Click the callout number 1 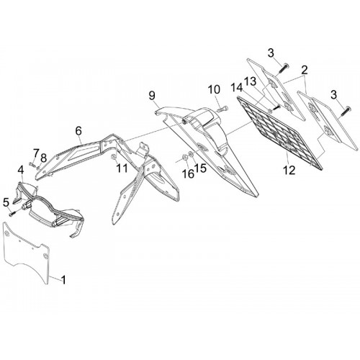[63, 280]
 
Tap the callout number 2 [304, 70]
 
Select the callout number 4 [21, 170]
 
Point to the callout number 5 [6, 202]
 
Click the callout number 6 [78, 131]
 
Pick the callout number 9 [152, 96]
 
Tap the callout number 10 [214, 90]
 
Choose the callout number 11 [122, 168]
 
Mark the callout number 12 [289, 171]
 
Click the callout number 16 [188, 174]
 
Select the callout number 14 [237, 88]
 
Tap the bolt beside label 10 [222, 109]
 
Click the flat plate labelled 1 [27, 252]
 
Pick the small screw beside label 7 [31, 164]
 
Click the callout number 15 [200, 168]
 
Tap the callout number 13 [251, 81]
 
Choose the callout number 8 [43, 158]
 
